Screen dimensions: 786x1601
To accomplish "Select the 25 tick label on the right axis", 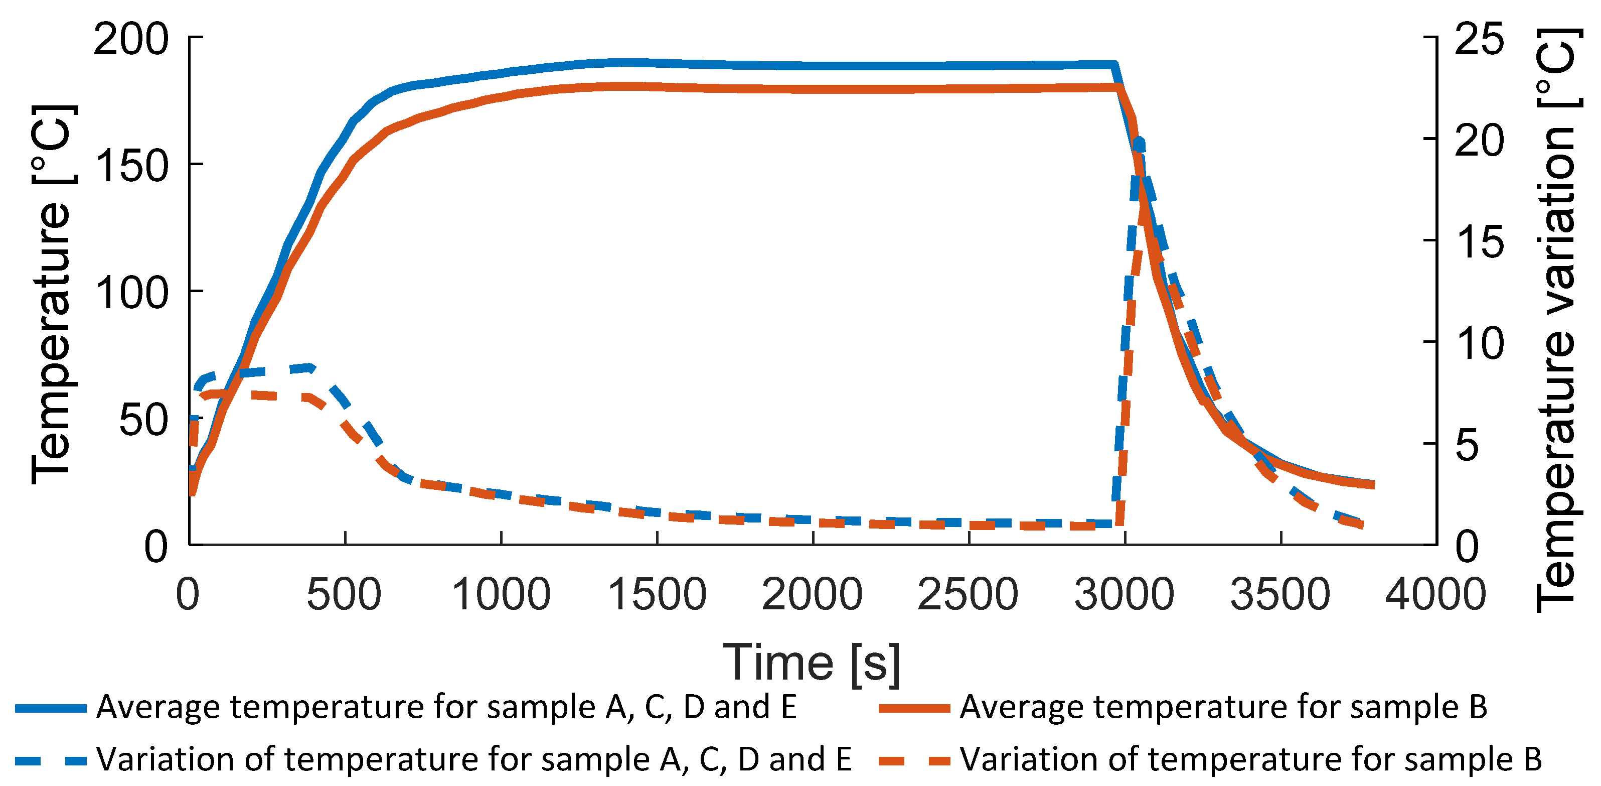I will (1479, 39).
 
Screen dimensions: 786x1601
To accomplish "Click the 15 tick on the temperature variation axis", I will (1479, 241).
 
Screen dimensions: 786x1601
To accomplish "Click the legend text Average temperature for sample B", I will (1223, 707).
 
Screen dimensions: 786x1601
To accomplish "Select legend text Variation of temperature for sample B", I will (1250, 759).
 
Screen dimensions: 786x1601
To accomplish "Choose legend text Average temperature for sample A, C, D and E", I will (446, 707).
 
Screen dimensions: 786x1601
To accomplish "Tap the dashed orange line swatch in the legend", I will (914, 760).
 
